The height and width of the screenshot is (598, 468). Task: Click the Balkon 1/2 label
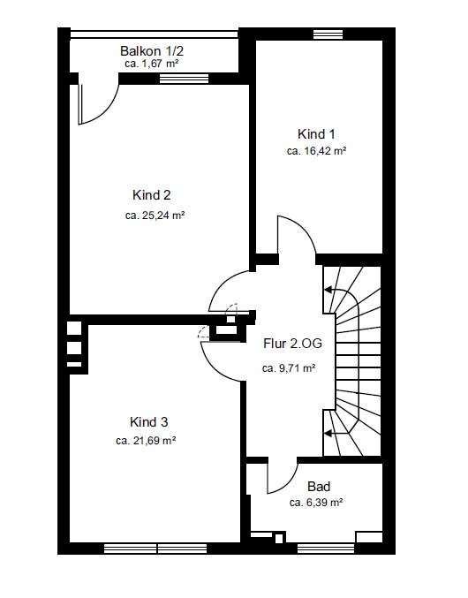tap(152, 50)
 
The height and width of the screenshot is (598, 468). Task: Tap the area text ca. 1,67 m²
tap(152, 64)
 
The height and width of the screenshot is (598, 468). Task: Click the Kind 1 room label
tap(316, 134)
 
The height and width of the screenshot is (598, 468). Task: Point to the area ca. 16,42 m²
tap(316, 151)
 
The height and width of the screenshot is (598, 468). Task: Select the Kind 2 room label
tap(152, 195)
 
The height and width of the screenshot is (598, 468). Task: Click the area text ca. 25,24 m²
tap(155, 216)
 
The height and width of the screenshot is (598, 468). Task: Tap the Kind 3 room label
tap(148, 422)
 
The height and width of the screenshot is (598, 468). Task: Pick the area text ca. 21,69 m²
tap(146, 441)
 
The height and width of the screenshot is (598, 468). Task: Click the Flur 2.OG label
tap(292, 344)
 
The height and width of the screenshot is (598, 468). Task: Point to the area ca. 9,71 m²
tap(289, 368)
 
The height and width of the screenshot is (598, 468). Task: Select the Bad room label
tap(319, 486)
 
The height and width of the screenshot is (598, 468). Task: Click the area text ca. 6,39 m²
tap(316, 503)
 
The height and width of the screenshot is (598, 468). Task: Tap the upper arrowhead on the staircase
tap(328, 290)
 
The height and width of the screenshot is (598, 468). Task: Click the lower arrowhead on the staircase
tap(328, 433)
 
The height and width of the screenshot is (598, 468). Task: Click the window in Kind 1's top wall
tap(328, 34)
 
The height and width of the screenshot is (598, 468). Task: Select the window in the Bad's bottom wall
tap(326, 549)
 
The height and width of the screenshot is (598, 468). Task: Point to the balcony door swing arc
tap(108, 112)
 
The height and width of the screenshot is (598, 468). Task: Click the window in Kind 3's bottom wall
tap(155, 549)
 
